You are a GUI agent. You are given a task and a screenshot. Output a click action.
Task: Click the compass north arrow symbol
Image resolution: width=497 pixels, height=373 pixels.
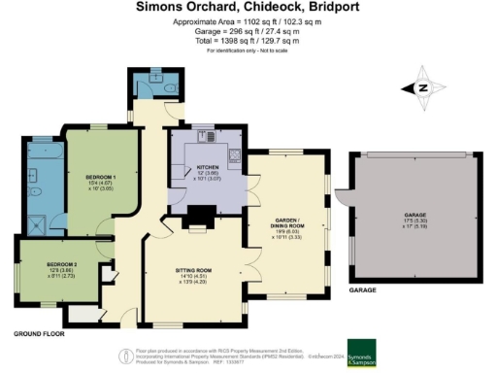(423, 86)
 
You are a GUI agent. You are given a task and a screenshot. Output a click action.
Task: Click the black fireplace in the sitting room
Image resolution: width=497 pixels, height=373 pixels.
(198, 215)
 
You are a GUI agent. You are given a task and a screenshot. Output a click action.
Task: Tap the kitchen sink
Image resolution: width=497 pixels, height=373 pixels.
(234, 155)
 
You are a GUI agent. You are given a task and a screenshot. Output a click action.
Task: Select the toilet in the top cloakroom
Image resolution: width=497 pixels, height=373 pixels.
(170, 87)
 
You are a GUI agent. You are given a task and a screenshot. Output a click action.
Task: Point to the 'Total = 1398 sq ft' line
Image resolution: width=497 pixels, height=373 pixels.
(248, 41)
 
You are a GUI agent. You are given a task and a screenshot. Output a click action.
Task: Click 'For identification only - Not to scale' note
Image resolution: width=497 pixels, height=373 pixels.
(248, 51)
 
